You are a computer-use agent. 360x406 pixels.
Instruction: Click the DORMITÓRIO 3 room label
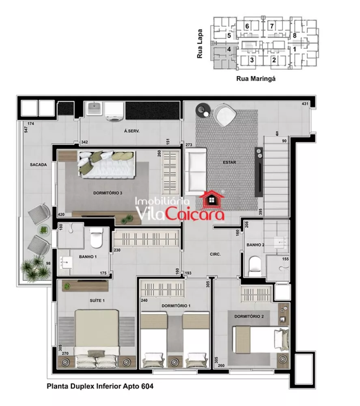pyautogui.click(x=108, y=193)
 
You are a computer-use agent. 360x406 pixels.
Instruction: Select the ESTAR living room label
pyautogui.click(x=229, y=162)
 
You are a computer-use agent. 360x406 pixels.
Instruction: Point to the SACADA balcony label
pyautogui.click(x=39, y=165)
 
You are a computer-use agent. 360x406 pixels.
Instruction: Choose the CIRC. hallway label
pyautogui.click(x=215, y=255)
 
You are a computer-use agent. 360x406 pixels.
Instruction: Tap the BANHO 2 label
pyautogui.click(x=256, y=245)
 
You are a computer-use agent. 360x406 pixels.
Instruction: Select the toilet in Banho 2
pyautogui.click(x=255, y=264)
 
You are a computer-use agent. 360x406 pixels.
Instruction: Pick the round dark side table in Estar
pyautogui.click(x=202, y=110)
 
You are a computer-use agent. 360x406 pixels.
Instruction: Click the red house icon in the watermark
pyautogui.click(x=212, y=199)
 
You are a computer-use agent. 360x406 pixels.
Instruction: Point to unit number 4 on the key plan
pyautogui.click(x=229, y=49)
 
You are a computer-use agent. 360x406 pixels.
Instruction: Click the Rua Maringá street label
pyautogui.click(x=256, y=79)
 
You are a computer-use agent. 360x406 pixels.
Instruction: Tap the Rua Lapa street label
pyautogui.click(x=200, y=49)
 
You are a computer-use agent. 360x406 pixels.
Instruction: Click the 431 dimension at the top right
pyautogui.click(x=305, y=104)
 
